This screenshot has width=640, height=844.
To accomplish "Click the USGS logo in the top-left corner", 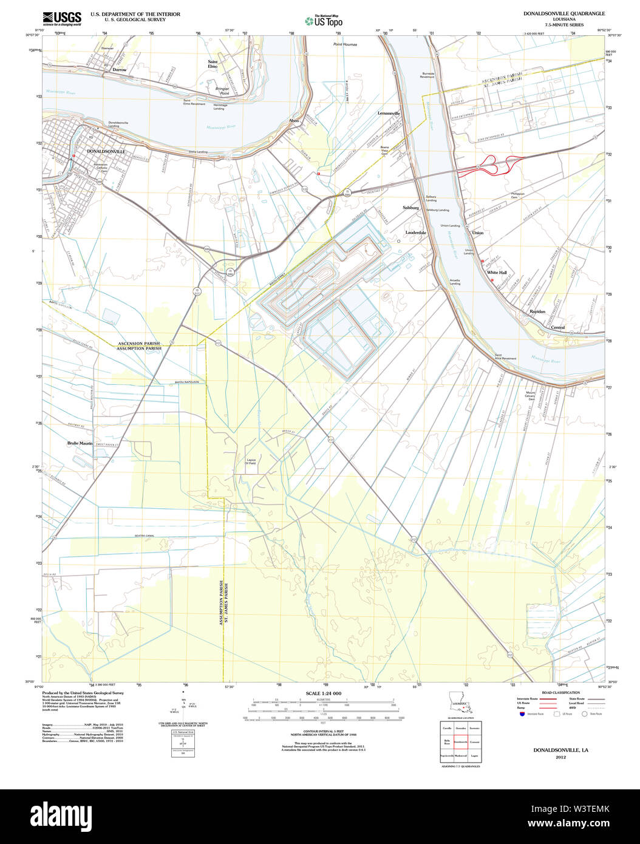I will pos(62,18).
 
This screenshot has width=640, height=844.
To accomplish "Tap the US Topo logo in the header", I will pos(324,20).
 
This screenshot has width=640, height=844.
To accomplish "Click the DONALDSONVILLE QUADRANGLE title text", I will pos(564,13).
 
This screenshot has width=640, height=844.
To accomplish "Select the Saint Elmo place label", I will pos(213,64).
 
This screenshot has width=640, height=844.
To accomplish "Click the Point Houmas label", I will pos(345,44).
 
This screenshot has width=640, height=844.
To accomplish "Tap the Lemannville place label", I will pos(389,114).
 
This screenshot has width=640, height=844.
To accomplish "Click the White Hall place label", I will pos(497,273).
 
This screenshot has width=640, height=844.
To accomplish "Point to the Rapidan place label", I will pos(537,311).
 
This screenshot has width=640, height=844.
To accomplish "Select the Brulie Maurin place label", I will pos(80,443).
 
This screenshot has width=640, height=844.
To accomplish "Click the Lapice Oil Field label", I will pos(251,461).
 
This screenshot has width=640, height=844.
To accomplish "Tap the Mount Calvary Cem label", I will pos(531,396).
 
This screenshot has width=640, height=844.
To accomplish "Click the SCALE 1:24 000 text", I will pos(324,693).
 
